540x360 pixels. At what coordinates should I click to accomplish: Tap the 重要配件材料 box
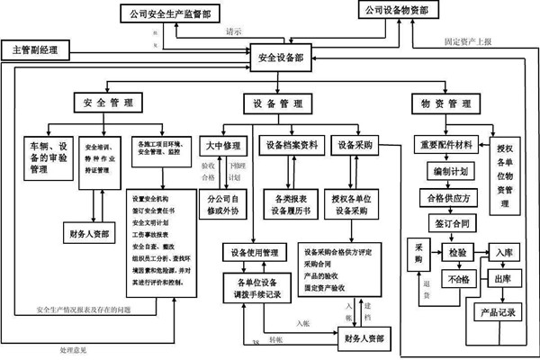tap(447, 144)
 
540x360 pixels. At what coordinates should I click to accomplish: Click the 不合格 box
tap(457, 280)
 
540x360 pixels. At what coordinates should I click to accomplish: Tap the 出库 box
tap(502, 280)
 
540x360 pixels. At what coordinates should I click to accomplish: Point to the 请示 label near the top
tap(236, 31)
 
